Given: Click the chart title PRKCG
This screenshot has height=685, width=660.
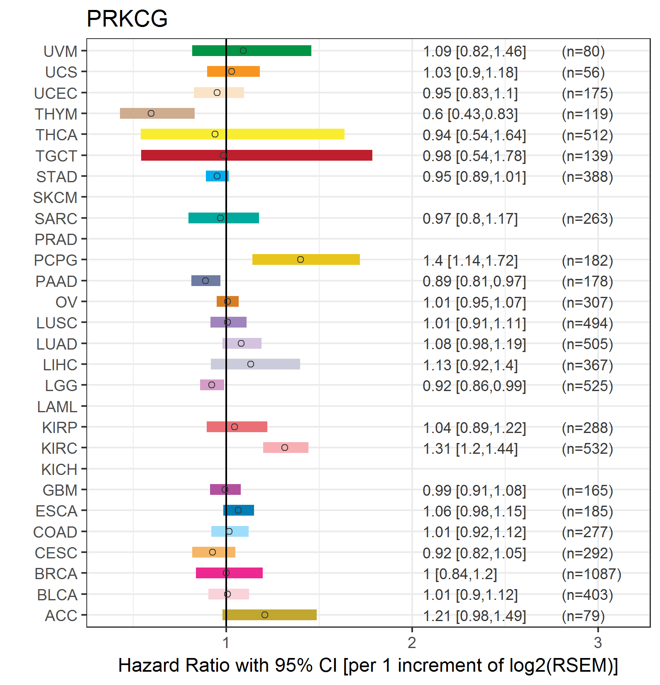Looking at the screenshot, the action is point(127,19).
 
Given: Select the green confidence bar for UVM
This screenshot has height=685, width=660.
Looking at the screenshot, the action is point(252,51).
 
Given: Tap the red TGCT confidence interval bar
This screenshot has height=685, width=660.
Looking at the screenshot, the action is point(257,155).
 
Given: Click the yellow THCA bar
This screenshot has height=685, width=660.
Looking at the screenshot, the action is point(242,134).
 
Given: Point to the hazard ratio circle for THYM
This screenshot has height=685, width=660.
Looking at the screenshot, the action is point(151,113).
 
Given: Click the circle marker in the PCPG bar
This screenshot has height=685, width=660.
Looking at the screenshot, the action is point(301,259).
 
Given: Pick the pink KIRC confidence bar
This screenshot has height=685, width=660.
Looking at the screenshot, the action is point(286,448).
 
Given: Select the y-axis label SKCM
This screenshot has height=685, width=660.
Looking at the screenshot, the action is point(55,198).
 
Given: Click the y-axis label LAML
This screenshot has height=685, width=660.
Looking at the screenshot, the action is point(57,407).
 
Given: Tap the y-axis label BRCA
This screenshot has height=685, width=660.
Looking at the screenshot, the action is point(56,574).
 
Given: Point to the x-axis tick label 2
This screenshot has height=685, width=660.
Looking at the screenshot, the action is point(412,643).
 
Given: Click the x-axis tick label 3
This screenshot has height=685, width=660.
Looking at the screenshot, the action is point(598,643).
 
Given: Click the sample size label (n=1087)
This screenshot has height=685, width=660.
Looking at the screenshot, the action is point(592,574).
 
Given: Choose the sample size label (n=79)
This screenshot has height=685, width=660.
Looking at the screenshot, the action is point(583,616).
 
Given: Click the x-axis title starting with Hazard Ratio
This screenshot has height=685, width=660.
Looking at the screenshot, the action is point(368,665).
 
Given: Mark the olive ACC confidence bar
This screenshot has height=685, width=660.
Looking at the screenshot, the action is point(269,615).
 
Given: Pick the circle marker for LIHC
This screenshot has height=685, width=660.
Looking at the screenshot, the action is point(251,364).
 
